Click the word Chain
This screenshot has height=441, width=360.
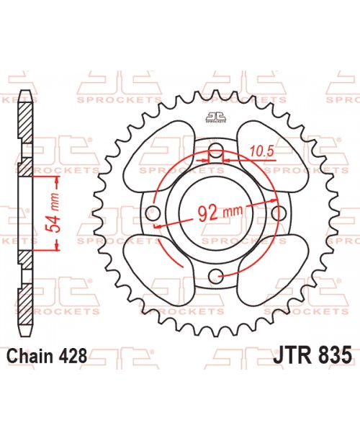(x=33, y=355)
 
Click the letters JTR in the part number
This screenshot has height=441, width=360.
(x=292, y=355)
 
